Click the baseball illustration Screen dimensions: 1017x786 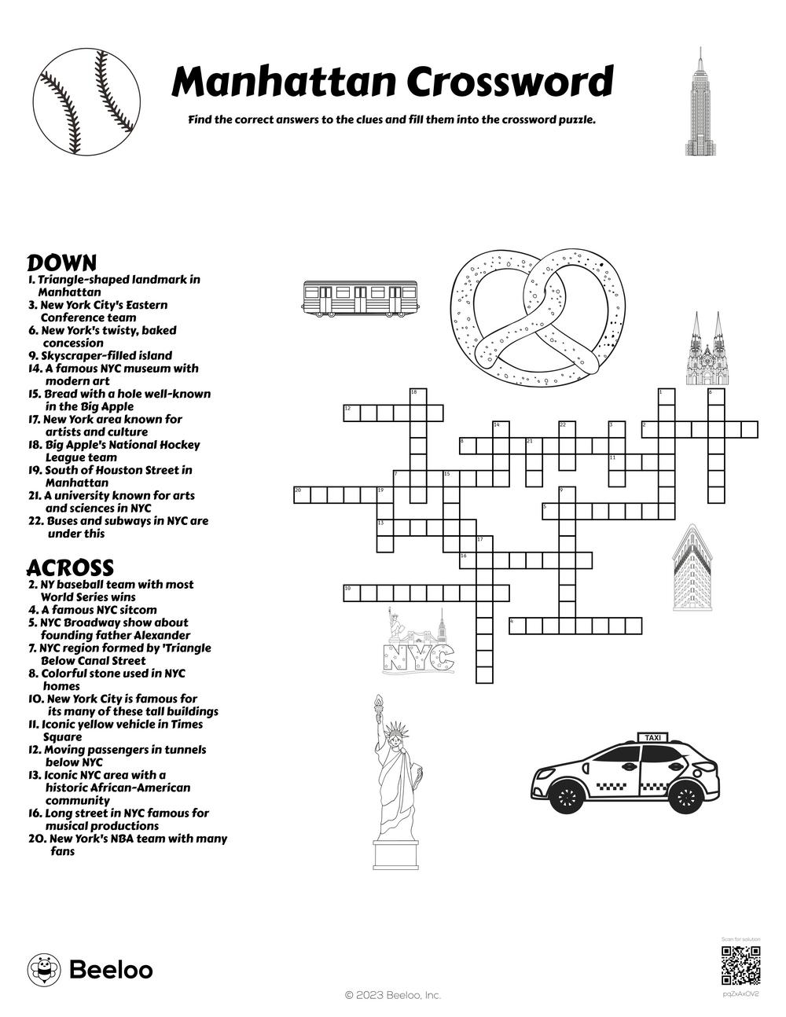point(87,102)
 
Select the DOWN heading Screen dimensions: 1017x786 point(62,263)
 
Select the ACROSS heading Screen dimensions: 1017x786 point(70,567)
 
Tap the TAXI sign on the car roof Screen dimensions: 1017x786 point(652,737)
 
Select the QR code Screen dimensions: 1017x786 point(740,966)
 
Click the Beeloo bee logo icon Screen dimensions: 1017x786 point(44,970)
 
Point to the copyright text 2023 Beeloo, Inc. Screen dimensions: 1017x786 point(393,995)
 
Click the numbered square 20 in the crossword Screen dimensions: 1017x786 point(299,494)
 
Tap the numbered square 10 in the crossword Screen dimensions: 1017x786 point(351,592)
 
